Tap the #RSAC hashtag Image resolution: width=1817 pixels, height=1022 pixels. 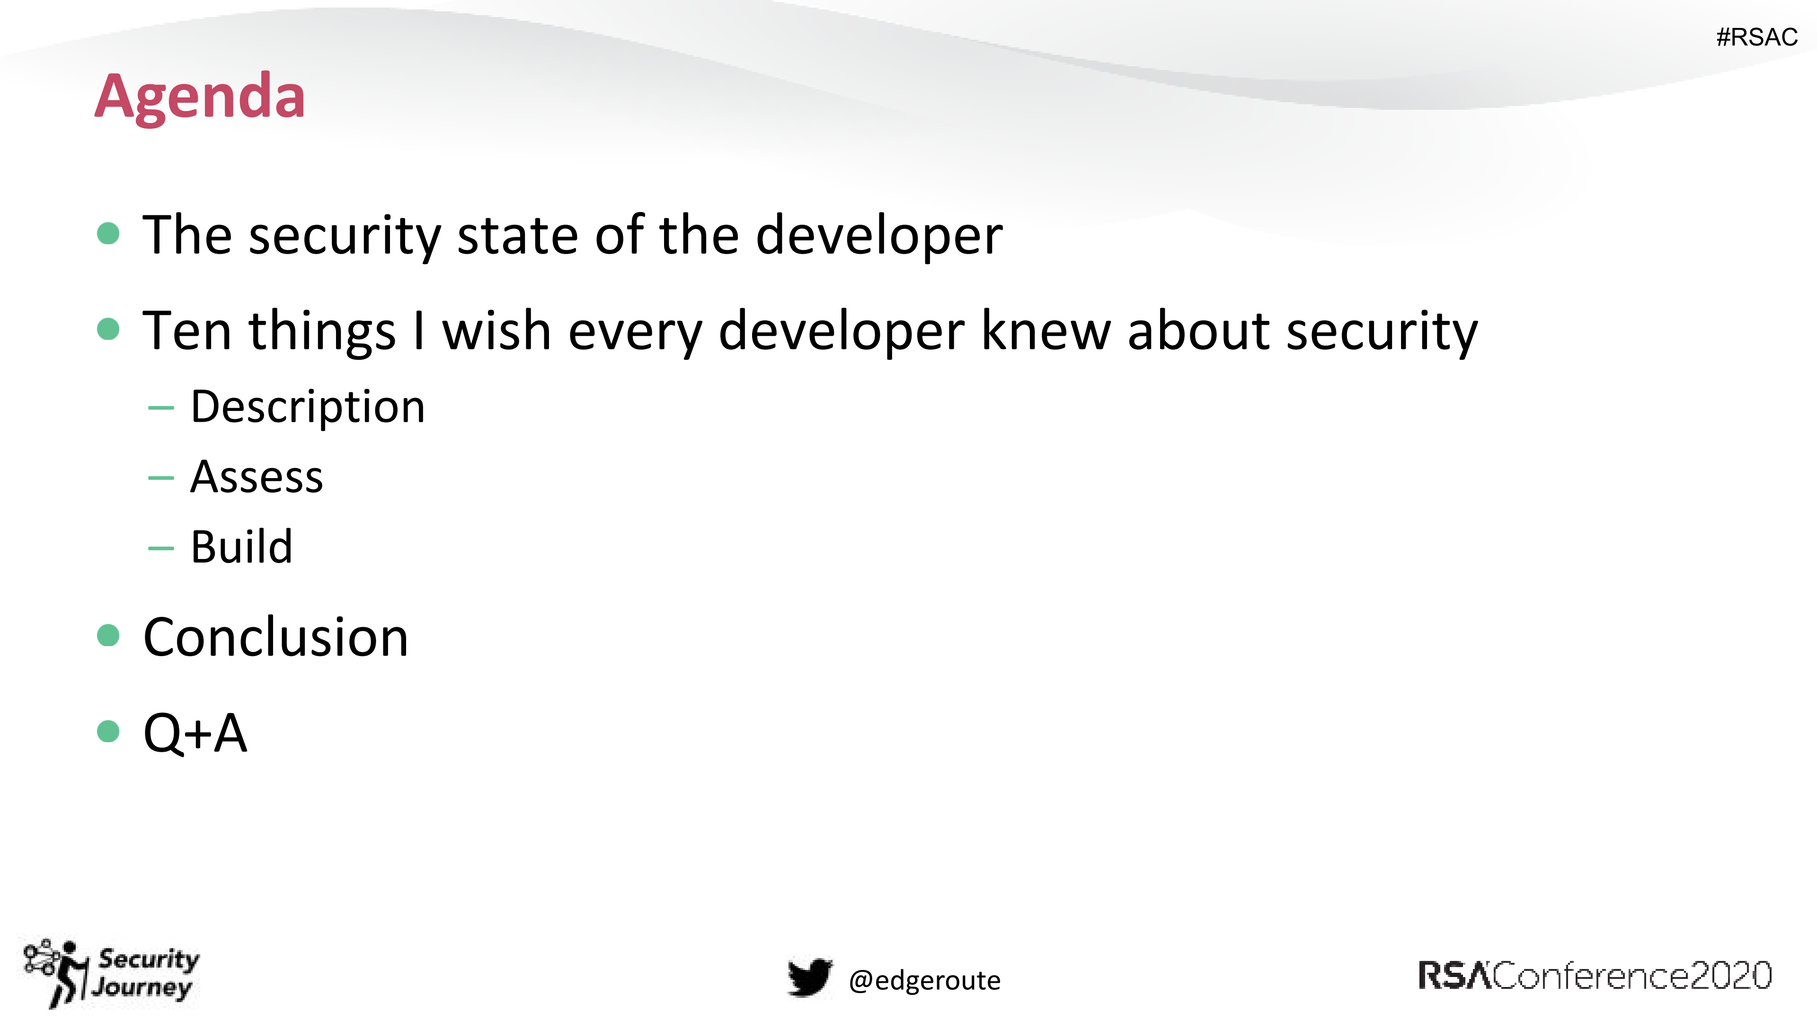pyautogui.click(x=1756, y=36)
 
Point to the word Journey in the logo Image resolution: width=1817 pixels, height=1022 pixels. pyautogui.click(x=142, y=986)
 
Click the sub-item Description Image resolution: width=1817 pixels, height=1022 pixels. pyautogui.click(x=308, y=407)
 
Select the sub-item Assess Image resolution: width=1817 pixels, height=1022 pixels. pyautogui.click(x=257, y=478)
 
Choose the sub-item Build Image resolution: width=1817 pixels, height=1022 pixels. pyautogui.click(x=241, y=547)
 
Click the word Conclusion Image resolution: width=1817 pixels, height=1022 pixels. pyautogui.click(x=276, y=637)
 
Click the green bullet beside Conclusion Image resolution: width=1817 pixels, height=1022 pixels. pyautogui.click(x=108, y=635)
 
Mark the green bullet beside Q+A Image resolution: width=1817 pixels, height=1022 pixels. pyautogui.click(x=108, y=731)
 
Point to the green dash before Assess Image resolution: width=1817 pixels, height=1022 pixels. pyautogui.click(x=161, y=478)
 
